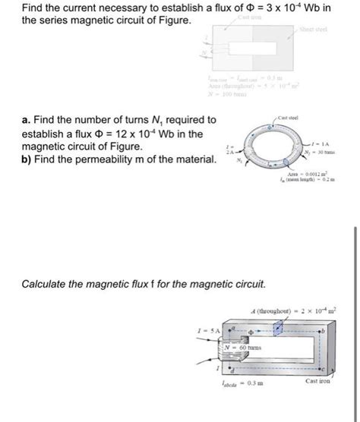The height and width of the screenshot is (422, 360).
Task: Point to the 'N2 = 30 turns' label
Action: pyautogui.click(x=331, y=152)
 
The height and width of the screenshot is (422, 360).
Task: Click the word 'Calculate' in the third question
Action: pyautogui.click(x=46, y=284)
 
